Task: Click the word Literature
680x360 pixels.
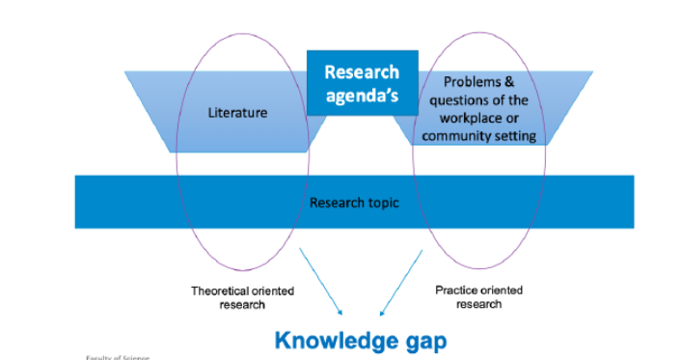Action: [237, 113]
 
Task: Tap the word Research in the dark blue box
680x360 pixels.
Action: [362, 71]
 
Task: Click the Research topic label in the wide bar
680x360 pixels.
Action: [353, 203]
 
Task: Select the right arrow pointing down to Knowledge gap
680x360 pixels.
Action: [400, 282]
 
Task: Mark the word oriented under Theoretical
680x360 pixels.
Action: [276, 291]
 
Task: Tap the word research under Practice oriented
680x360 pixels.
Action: [480, 304]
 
